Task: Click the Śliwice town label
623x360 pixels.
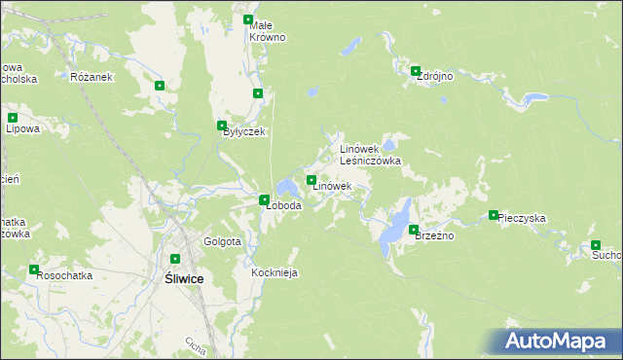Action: tap(180, 278)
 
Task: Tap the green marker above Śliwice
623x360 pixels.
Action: tap(175, 259)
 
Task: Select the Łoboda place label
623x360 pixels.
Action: tap(283, 206)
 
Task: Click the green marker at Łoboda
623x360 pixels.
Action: tap(264, 199)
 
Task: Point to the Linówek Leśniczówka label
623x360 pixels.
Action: tap(370, 155)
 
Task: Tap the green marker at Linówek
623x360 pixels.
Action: tap(311, 180)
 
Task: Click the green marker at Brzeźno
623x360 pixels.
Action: tap(414, 230)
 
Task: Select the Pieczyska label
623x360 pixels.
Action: tap(521, 219)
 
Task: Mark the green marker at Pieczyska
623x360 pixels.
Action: tap(494, 215)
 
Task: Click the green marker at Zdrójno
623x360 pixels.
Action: tap(416, 70)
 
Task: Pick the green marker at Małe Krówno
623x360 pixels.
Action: tap(248, 19)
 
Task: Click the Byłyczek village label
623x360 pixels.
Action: tap(243, 132)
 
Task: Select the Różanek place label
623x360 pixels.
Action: tap(92, 77)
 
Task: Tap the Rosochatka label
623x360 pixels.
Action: tap(64, 275)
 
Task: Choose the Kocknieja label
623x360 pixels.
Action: tap(274, 273)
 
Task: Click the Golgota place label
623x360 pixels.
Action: tap(222, 241)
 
